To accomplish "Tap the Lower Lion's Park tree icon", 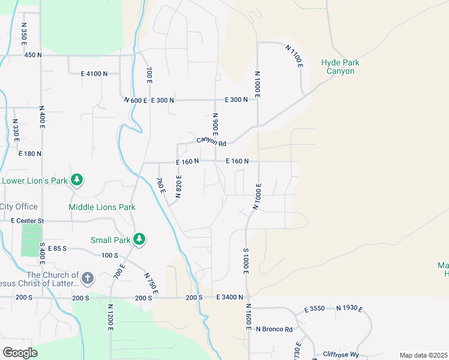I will point(77,179).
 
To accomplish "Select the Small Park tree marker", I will point(139,239).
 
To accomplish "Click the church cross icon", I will point(88,278).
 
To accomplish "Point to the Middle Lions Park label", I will point(101,207).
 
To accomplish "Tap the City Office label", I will point(19,206).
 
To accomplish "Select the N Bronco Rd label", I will point(274,329).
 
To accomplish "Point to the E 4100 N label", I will point(94,73).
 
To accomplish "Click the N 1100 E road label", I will point(294,57).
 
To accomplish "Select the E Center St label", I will point(28,221).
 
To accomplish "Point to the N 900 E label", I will point(214,124).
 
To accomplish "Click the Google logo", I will point(19,352).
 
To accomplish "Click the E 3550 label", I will point(315,309).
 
